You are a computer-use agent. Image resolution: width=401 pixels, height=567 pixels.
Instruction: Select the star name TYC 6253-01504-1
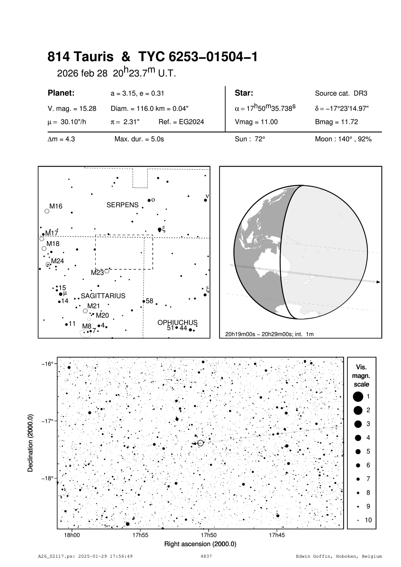(x=198, y=57)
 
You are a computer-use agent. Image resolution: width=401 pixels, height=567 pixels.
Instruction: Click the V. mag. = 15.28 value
(x=72, y=109)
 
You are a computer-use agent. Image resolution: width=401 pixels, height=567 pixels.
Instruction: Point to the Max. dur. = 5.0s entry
(x=139, y=139)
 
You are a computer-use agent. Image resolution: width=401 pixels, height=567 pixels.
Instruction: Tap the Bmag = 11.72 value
(x=336, y=122)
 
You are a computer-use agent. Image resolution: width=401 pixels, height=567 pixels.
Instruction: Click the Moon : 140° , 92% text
(x=343, y=139)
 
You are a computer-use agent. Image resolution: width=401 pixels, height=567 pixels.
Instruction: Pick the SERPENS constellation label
(x=122, y=205)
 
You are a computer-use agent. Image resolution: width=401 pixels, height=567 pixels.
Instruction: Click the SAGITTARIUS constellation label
(x=103, y=296)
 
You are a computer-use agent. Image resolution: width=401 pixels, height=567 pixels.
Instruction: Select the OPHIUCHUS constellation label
(x=177, y=323)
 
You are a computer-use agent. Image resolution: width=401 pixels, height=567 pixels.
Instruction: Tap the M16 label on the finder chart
(x=56, y=206)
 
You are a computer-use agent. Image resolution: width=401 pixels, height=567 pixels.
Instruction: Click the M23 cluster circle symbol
(x=107, y=271)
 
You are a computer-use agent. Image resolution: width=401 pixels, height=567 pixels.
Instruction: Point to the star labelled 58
(x=144, y=301)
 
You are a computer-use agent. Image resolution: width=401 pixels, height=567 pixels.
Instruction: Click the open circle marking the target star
(x=201, y=443)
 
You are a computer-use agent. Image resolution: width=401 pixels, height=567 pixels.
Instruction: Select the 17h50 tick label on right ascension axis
(x=208, y=535)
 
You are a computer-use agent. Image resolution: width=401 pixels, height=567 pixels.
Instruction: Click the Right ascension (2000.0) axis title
(x=200, y=544)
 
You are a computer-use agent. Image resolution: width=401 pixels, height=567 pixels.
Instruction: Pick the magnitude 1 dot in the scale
(x=358, y=396)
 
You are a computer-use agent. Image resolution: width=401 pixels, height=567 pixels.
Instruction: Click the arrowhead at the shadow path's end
(x=378, y=282)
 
